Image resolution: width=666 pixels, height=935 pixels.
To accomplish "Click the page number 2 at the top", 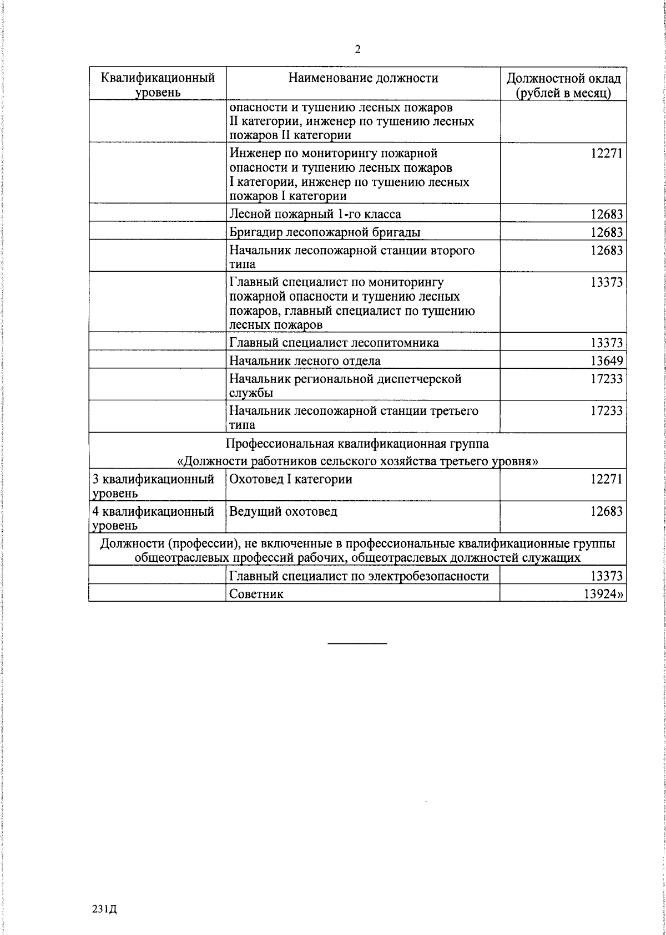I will click(358, 50).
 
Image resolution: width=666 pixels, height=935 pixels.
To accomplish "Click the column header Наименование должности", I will click(363, 78).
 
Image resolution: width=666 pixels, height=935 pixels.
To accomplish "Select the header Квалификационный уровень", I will click(158, 84).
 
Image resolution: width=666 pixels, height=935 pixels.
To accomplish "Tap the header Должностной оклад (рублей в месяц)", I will click(563, 85).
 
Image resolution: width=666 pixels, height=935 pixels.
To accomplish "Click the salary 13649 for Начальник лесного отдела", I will click(606, 361).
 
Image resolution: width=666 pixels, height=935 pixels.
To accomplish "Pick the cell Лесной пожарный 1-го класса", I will click(315, 214).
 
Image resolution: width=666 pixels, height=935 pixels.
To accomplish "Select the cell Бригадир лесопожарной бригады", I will click(325, 232).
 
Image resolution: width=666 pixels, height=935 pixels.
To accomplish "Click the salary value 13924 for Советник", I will click(603, 594).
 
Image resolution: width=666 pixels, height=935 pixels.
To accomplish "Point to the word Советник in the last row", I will click(256, 594).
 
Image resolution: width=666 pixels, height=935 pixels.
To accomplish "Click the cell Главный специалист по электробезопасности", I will click(359, 576).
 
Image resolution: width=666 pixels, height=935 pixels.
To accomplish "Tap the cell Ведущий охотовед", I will click(283, 511).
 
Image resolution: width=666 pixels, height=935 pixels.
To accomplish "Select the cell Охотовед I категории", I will click(291, 479).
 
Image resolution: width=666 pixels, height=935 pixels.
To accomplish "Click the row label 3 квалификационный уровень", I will click(153, 486).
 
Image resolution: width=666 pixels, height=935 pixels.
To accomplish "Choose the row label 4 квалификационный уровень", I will click(153, 518).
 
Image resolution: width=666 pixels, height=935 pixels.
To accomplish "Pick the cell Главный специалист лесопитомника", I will click(334, 343).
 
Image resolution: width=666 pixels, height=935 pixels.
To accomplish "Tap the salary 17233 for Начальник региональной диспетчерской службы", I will click(606, 379).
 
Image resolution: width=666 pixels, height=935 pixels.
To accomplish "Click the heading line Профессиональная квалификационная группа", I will click(357, 444).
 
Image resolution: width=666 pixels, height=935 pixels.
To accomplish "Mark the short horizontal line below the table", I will click(357, 643).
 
